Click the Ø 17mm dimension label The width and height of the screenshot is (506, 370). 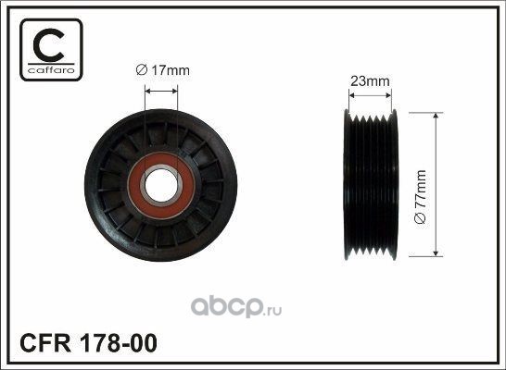163,70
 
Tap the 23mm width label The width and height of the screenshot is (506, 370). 370,81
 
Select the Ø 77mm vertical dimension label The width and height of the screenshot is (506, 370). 421,197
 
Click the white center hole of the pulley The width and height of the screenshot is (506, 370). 161,186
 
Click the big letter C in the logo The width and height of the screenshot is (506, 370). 48,44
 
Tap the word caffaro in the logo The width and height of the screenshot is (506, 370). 51,70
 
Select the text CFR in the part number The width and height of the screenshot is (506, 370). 45,343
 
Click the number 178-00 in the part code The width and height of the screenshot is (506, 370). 118,343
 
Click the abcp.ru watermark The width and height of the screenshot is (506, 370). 236,306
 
